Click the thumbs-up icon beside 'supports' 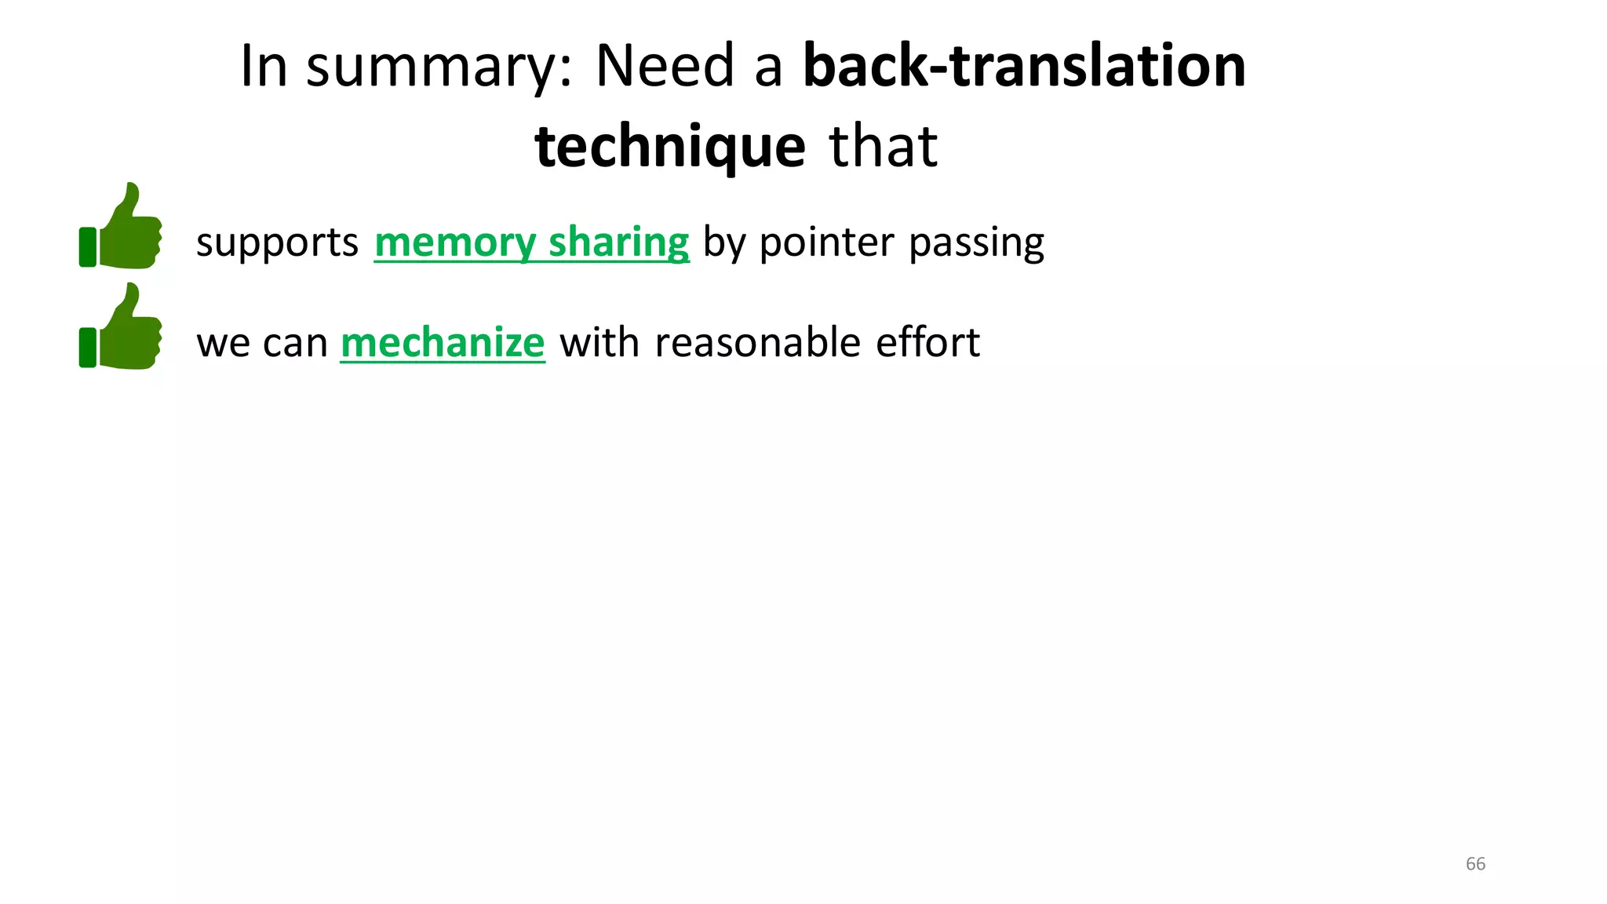[x=122, y=227]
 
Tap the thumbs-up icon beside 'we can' [x=122, y=327]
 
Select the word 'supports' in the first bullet [x=277, y=242]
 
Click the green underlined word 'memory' [x=454, y=242]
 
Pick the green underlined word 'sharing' [x=619, y=242]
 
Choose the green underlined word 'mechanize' [x=443, y=343]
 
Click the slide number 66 [x=1475, y=864]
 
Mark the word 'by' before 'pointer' [x=723, y=242]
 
